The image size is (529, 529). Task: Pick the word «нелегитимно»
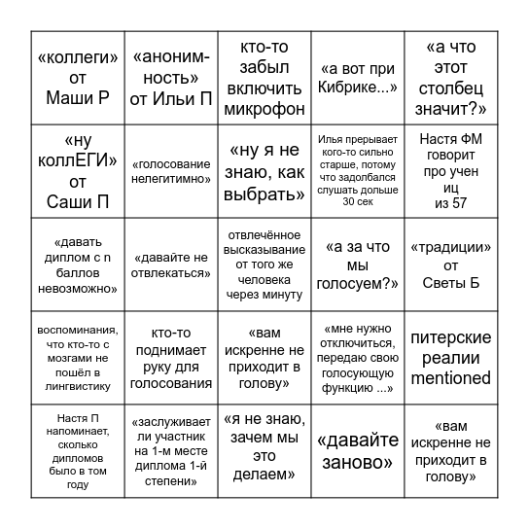(x=171, y=178)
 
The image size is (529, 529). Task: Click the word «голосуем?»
(x=358, y=282)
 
